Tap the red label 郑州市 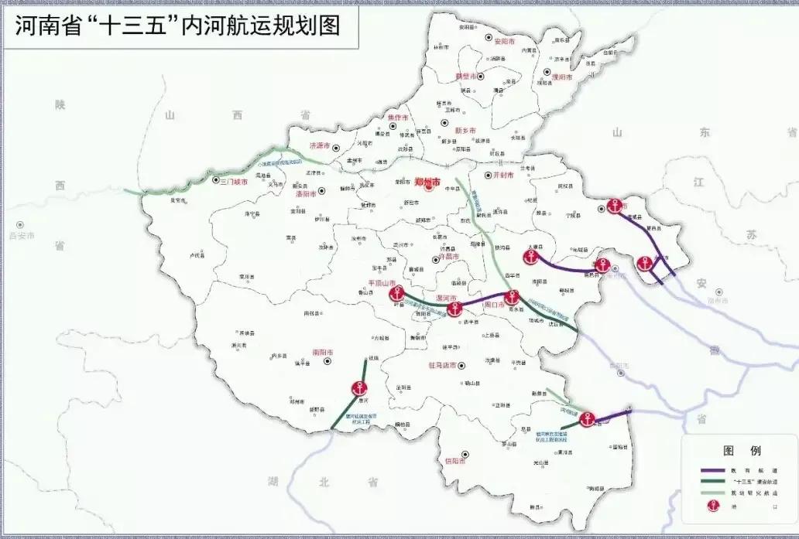click(427, 183)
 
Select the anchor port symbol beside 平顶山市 click(397, 294)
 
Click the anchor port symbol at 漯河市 click(454, 309)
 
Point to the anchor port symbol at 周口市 click(511, 298)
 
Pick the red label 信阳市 click(455, 461)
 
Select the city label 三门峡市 click(234, 182)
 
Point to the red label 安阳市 click(504, 40)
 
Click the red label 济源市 click(320, 145)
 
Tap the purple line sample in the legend click(712, 469)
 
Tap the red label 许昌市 click(449, 256)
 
